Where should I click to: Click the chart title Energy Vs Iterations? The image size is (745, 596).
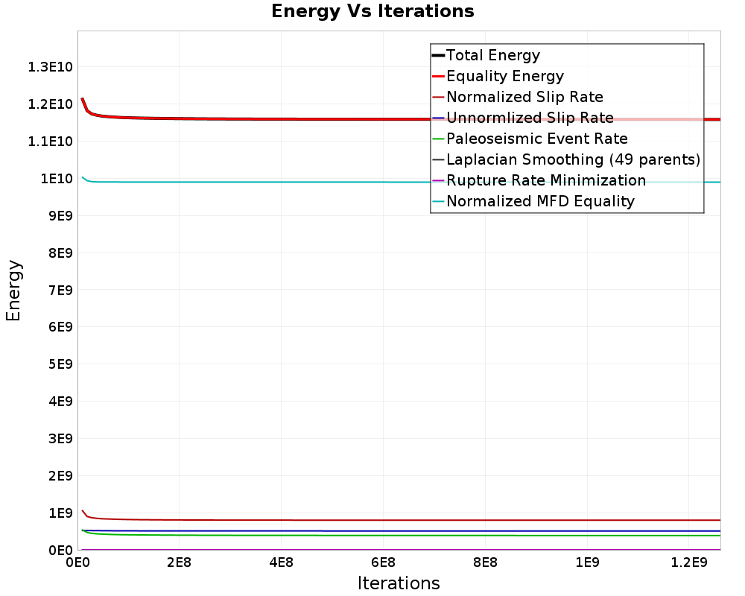click(x=372, y=11)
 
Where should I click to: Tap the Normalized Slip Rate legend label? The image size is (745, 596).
click(x=524, y=97)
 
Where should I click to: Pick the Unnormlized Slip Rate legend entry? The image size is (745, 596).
click(x=530, y=118)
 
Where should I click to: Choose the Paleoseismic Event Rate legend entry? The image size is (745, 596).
click(x=537, y=139)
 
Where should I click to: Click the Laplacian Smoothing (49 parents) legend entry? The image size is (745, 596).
click(x=574, y=159)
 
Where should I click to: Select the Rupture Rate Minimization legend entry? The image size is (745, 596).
click(x=546, y=180)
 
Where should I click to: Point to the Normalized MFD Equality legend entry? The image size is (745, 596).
click(x=540, y=201)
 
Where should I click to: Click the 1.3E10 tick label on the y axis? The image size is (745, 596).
click(x=51, y=67)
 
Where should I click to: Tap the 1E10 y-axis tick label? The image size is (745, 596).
click(x=57, y=179)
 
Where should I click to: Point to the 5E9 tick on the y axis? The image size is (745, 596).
click(x=61, y=364)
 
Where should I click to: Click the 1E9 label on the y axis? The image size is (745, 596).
click(x=61, y=513)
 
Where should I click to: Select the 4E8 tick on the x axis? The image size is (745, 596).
click(x=282, y=563)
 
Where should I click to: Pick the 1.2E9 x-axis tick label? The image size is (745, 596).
click(x=689, y=563)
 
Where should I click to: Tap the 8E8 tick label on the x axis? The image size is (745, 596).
click(x=485, y=563)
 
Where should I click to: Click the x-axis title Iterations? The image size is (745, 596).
click(x=399, y=583)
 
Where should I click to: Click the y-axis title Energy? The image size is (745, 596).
click(x=13, y=291)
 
